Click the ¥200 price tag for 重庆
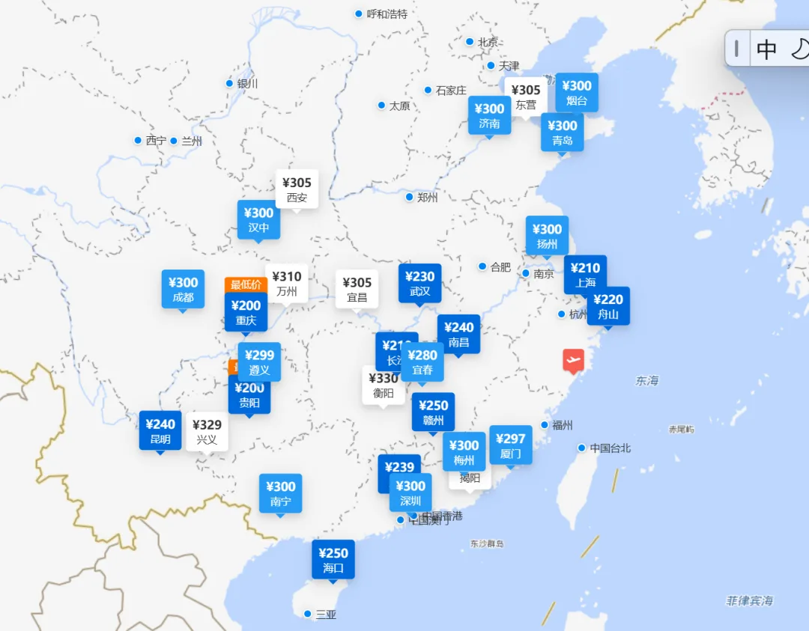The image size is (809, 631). pyautogui.click(x=246, y=312)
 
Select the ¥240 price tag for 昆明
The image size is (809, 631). pyautogui.click(x=160, y=431)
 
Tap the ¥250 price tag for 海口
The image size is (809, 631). pyautogui.click(x=333, y=560)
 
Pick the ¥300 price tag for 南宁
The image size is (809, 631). pyautogui.click(x=281, y=493)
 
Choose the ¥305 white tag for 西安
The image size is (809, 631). pyautogui.click(x=297, y=189)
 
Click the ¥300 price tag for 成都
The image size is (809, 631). pyautogui.click(x=183, y=289)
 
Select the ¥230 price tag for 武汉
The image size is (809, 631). pyautogui.click(x=419, y=283)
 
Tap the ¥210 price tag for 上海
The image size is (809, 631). pyautogui.click(x=585, y=275)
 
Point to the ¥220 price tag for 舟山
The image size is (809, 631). pyautogui.click(x=608, y=306)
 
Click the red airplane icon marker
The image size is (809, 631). pyautogui.click(x=574, y=360)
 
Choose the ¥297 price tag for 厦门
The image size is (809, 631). pyautogui.click(x=511, y=445)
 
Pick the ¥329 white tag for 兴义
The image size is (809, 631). pyautogui.click(x=207, y=431)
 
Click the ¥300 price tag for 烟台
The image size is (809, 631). pyautogui.click(x=577, y=93)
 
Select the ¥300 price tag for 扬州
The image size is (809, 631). pyautogui.click(x=547, y=236)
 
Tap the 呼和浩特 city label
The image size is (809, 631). pyautogui.click(x=387, y=13)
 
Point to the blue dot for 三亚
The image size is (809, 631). pyautogui.click(x=307, y=614)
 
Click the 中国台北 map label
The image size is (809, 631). pyautogui.click(x=610, y=448)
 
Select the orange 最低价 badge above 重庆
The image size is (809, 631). pyautogui.click(x=246, y=284)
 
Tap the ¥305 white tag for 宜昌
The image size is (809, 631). pyautogui.click(x=357, y=289)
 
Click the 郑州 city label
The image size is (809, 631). pyautogui.click(x=427, y=198)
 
